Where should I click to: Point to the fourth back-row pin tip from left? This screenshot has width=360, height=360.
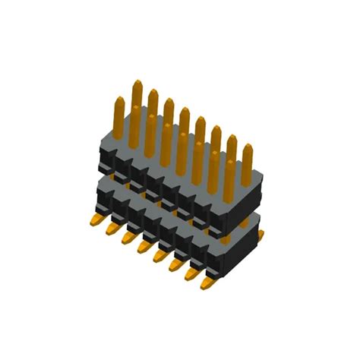point(185,114)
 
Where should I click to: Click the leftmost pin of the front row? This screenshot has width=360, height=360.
point(119,103)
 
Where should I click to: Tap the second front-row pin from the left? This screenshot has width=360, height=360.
point(135,112)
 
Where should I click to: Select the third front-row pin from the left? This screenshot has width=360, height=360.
point(150,122)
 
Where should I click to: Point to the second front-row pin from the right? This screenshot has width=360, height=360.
point(213,158)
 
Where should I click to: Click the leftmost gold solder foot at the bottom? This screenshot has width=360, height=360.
point(96,220)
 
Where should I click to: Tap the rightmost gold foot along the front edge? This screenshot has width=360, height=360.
point(207,284)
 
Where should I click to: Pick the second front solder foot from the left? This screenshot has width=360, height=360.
point(112,229)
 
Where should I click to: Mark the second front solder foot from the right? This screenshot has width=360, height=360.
point(191,275)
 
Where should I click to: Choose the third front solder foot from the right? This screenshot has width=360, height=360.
point(175,266)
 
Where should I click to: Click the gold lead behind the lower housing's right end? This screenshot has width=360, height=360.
point(261,235)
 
